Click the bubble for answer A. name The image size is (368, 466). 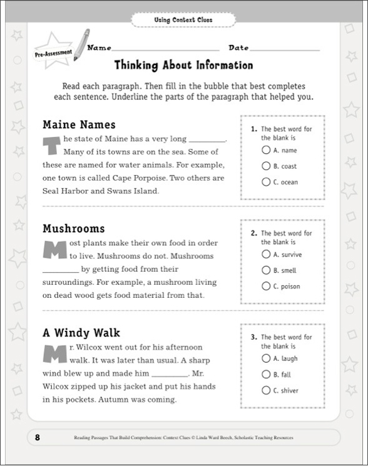click(266, 150)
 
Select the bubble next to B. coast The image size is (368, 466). click(266, 166)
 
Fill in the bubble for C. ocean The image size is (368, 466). click(266, 182)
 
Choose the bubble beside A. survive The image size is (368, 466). click(266, 255)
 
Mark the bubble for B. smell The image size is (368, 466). click(266, 270)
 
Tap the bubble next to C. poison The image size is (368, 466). click(266, 286)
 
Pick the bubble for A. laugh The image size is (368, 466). click(266, 358)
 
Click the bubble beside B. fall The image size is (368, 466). click(266, 374)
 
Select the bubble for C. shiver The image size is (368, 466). click(266, 390)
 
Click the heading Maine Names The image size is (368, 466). click(78, 124)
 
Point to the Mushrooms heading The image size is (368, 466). click(73, 228)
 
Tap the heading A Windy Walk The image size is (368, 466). click(81, 333)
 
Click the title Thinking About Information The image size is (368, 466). click(183, 66)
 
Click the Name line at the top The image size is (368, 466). click(166, 48)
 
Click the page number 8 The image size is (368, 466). click(38, 437)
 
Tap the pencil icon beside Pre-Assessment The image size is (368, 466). click(81, 44)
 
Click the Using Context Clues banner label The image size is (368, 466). click(183, 20)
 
